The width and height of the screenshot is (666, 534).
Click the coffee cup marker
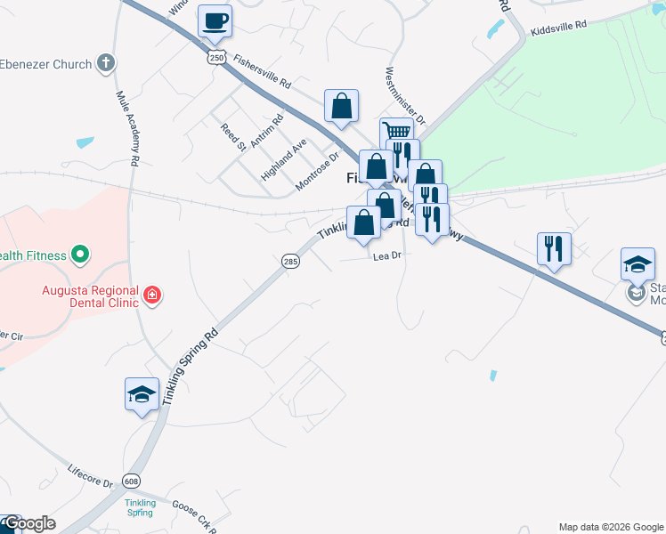click(215, 21)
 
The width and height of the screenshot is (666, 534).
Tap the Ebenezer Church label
click(45, 64)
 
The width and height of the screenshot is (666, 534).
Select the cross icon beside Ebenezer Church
click(106, 63)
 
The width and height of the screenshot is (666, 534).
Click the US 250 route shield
click(216, 57)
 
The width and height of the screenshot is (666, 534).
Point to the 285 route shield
click(290, 261)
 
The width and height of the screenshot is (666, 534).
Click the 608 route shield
click(132, 481)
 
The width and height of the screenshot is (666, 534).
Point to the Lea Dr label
click(388, 255)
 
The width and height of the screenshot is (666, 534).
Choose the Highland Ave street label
click(283, 160)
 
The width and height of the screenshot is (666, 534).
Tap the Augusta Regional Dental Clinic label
click(90, 296)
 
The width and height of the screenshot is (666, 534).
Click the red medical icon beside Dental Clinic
click(152, 294)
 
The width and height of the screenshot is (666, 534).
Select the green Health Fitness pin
click(80, 255)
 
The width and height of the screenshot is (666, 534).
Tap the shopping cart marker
click(396, 132)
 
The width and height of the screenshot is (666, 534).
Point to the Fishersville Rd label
click(262, 71)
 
